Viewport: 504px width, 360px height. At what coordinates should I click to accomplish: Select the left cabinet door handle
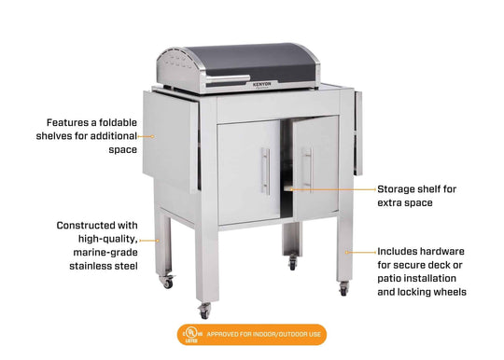click(x=265, y=172)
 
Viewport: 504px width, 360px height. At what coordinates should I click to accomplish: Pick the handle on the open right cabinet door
click(x=307, y=168)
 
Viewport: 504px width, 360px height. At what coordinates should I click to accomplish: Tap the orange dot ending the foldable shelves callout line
click(x=153, y=135)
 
